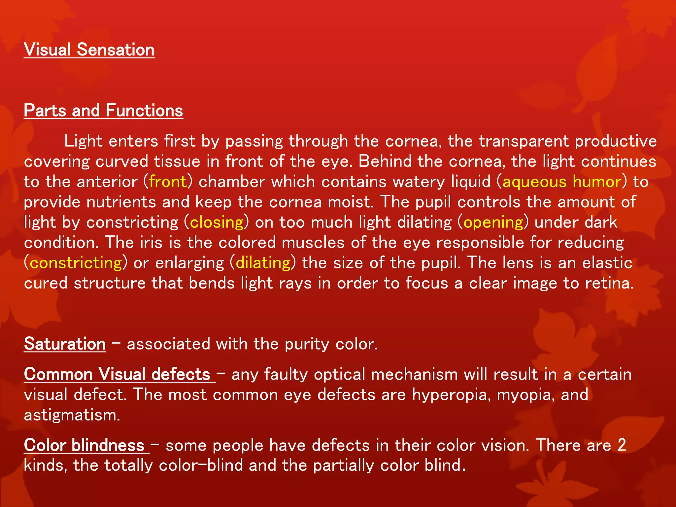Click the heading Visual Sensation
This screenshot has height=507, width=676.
pyautogui.click(x=89, y=50)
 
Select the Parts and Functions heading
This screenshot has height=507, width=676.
pyautogui.click(x=103, y=111)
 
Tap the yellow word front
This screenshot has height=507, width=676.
pyautogui.click(x=168, y=182)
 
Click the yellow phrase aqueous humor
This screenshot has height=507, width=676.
pyautogui.click(x=562, y=182)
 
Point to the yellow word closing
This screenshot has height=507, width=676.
pyautogui.click(x=217, y=222)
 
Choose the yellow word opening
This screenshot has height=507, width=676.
pyautogui.click(x=493, y=222)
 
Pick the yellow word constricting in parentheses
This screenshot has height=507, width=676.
pyautogui.click(x=76, y=263)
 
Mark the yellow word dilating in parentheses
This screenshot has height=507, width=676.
pyautogui.click(x=263, y=263)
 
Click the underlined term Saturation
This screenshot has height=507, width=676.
pyautogui.click(x=65, y=344)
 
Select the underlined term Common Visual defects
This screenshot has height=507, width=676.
pyautogui.click(x=117, y=375)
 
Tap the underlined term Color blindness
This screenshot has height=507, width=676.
pyautogui.click(x=84, y=445)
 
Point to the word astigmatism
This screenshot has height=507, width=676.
pyautogui.click(x=72, y=415)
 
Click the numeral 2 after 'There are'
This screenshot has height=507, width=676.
pyautogui.click(x=622, y=445)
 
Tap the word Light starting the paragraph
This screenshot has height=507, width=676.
pyautogui.click(x=83, y=141)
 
